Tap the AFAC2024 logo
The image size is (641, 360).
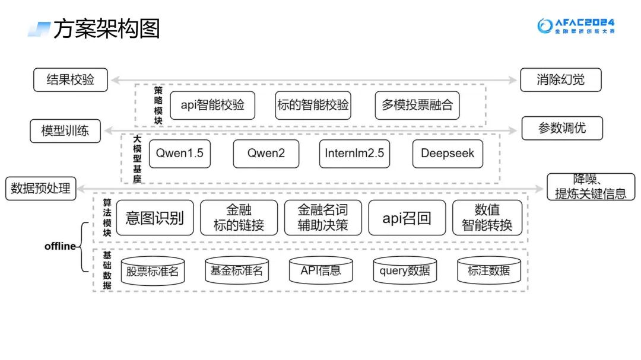click(x=576, y=26)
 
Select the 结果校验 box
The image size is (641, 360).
click(x=70, y=79)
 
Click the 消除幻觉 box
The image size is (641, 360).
click(x=560, y=79)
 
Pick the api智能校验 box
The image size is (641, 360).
click(x=212, y=106)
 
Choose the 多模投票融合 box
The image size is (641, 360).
click(x=417, y=106)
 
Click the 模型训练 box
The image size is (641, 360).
click(x=65, y=130)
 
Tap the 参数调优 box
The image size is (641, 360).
click(x=561, y=128)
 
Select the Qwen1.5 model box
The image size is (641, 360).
click(x=179, y=154)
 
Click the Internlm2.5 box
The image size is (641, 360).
click(x=354, y=154)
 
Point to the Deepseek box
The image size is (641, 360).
click(x=448, y=154)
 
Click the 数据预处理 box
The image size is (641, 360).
click(x=40, y=189)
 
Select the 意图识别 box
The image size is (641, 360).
click(x=155, y=218)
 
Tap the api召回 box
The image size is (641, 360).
click(x=407, y=218)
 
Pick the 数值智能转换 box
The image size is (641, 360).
click(x=487, y=218)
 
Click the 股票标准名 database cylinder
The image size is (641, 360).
click(x=153, y=272)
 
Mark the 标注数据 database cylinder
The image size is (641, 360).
click(x=488, y=271)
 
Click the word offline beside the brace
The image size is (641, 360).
click(x=60, y=246)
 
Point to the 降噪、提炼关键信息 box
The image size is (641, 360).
click(x=590, y=186)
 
